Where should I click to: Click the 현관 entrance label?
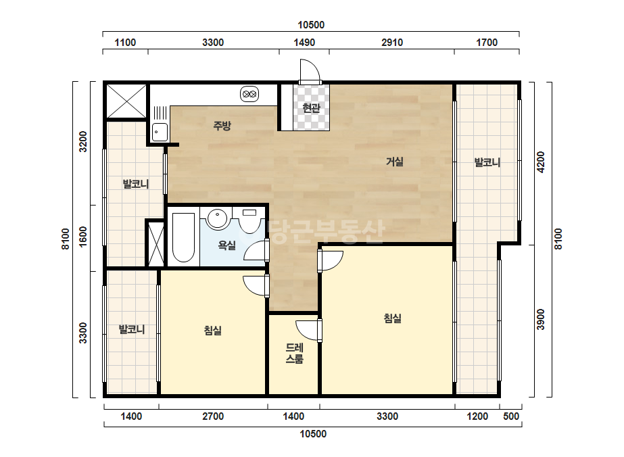pyautogui.click(x=311, y=108)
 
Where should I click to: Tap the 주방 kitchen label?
pyautogui.click(x=222, y=126)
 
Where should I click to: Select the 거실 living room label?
pyautogui.click(x=394, y=162)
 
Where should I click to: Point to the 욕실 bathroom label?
pyautogui.click(x=227, y=245)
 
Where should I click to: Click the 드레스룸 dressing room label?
pyautogui.click(x=295, y=353)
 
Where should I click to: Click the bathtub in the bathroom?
pyautogui.click(x=183, y=237)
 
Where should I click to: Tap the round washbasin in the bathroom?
pyautogui.click(x=217, y=218)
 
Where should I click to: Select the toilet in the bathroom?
pyautogui.click(x=249, y=221)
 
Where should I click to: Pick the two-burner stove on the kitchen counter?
pyautogui.click(x=249, y=95)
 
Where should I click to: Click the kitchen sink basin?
pyautogui.click(x=160, y=132)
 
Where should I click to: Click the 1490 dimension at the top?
pyautogui.click(x=304, y=43)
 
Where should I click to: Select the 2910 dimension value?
pyautogui.click(x=392, y=43)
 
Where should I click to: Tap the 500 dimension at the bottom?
pyautogui.click(x=511, y=416)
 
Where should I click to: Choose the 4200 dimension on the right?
pyautogui.click(x=540, y=162)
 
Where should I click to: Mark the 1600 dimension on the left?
pyautogui.click(x=82, y=237)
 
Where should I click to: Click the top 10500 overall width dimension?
pyautogui.click(x=311, y=25)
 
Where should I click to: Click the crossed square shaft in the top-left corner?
pyautogui.click(x=126, y=101)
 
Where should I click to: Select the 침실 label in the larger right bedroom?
pyautogui.click(x=392, y=318)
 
